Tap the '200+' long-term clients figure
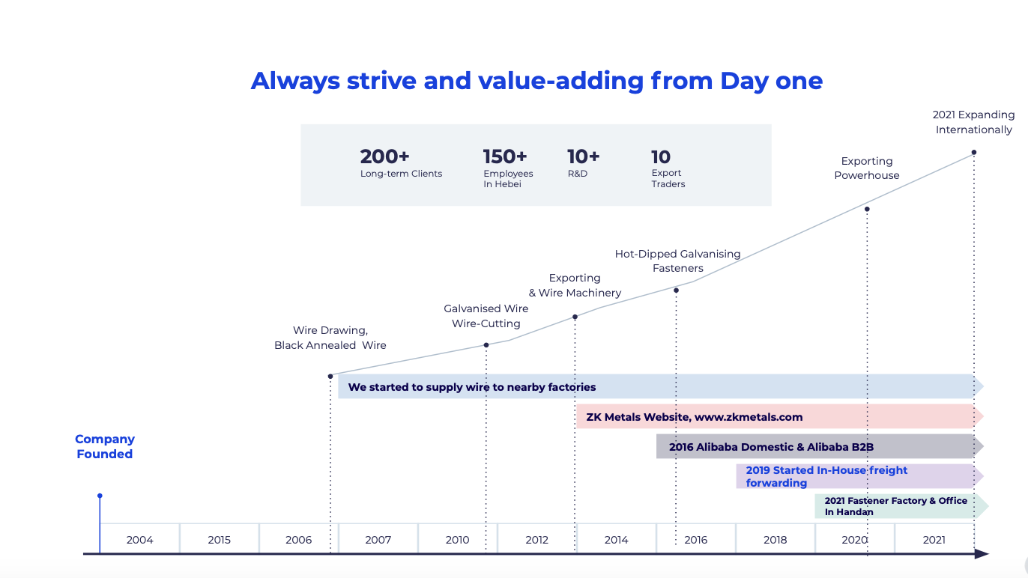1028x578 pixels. pos(384,156)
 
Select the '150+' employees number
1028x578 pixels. pos(505,156)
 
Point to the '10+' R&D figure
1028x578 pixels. pos(583,156)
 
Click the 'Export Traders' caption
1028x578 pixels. pos(668,178)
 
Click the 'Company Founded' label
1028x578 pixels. pos(105,446)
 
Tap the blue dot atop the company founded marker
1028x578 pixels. pos(100,496)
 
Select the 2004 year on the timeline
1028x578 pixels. pos(139,540)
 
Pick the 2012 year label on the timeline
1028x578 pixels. pos(536,540)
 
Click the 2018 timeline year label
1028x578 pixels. pos(775,540)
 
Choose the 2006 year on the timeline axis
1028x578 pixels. pos(298,540)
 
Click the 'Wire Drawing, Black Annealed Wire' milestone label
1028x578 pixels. pos(330,338)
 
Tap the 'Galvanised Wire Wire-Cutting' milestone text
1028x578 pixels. pos(486,316)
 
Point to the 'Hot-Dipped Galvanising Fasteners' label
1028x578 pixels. pos(678,261)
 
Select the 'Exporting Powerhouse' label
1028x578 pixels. pos(866,168)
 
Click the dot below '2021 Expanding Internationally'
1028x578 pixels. pos(974,152)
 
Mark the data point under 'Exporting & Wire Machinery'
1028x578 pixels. pos(575,317)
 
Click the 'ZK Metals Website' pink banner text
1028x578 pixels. pos(695,417)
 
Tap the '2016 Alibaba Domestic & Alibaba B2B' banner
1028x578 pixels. pos(771,447)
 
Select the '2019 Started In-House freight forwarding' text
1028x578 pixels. pos(826,476)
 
